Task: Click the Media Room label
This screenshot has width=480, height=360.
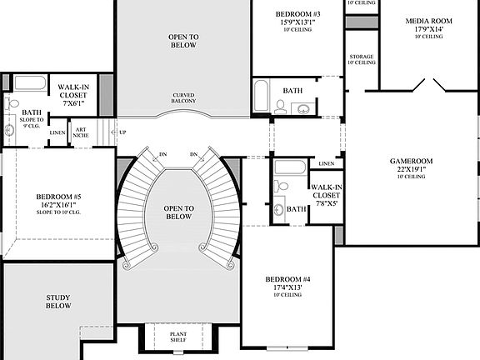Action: (429, 21)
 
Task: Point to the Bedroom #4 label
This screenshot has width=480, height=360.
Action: (288, 278)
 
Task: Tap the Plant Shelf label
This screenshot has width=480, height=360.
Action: (178, 337)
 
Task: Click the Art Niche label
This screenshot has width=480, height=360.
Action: (81, 132)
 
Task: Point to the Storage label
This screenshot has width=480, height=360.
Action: (361, 57)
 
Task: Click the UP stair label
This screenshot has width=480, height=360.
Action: (123, 132)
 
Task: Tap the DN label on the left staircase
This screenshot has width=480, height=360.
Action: (162, 154)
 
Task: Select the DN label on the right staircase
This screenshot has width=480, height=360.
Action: (193, 154)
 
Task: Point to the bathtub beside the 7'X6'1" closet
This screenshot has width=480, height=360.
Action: (30, 83)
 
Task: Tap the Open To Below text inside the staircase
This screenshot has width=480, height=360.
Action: (178, 212)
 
